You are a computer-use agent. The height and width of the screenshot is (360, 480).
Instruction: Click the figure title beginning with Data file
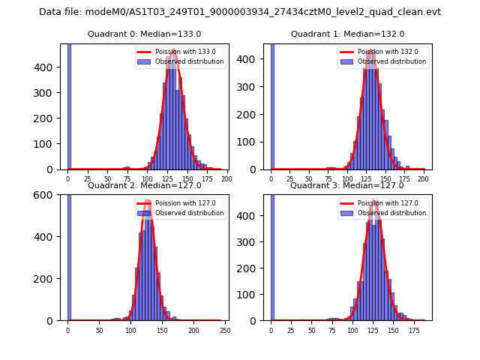click(240, 12)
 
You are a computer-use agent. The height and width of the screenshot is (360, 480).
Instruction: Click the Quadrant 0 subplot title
click(144, 34)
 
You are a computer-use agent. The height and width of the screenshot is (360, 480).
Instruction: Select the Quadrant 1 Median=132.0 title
click(347, 34)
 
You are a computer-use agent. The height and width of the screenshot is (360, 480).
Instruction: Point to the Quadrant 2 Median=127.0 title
click(144, 185)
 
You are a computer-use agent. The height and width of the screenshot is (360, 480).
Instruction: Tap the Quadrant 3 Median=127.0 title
click(347, 185)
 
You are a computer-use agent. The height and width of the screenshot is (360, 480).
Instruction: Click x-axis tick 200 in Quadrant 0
click(226, 179)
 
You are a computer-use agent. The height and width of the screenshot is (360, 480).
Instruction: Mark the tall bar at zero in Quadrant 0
click(68, 105)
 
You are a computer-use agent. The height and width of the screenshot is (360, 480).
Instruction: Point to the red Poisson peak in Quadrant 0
click(173, 50)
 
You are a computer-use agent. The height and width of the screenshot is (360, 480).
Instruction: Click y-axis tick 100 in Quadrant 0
click(49, 143)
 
